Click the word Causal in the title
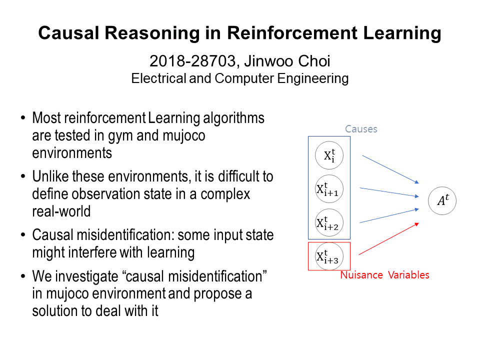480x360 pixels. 68,33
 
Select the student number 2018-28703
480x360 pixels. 192,61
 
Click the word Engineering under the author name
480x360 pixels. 313,78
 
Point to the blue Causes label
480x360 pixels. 361,129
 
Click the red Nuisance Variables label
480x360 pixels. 385,275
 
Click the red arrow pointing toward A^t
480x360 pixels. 389,239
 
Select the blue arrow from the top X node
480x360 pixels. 390,169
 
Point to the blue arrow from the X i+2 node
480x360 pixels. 389,215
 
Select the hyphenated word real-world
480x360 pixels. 61,211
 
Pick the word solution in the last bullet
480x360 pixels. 54,310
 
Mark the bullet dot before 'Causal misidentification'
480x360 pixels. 23,235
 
